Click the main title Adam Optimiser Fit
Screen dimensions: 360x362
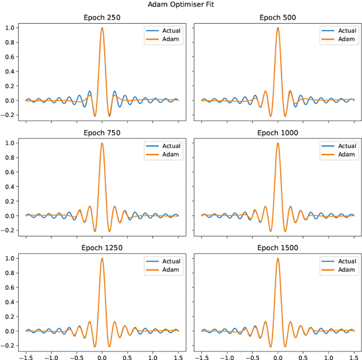[x=181, y=4]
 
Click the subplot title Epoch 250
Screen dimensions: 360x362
[x=102, y=18]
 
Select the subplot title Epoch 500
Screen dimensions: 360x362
[x=277, y=18]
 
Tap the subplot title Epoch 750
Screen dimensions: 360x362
[x=102, y=133]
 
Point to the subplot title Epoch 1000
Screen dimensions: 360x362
[x=277, y=133]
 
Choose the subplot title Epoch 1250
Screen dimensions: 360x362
[x=102, y=248]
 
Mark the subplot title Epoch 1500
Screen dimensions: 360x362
[x=277, y=248]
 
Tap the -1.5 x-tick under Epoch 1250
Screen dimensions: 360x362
[x=24, y=356]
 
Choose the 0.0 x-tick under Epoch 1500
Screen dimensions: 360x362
[x=277, y=356]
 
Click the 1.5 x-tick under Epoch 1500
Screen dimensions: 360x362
[x=352, y=356]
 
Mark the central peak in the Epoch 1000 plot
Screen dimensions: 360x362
[x=277, y=144]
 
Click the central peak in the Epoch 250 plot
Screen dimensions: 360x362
[x=102, y=28]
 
